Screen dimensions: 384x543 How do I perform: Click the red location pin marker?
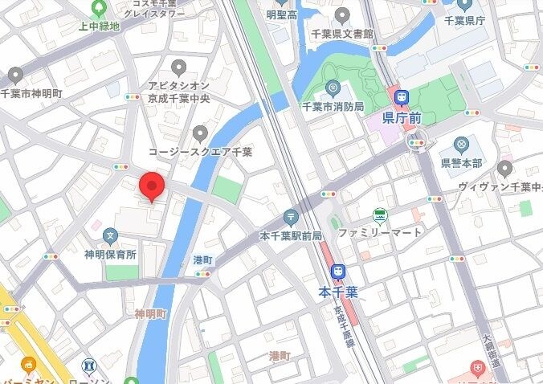[x=152, y=186]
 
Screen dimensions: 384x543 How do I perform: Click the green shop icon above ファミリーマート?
[x=378, y=215]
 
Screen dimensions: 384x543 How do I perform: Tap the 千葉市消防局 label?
[x=332, y=106]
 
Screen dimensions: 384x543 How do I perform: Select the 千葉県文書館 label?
[x=343, y=34]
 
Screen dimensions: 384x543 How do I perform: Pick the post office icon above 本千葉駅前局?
[x=290, y=218]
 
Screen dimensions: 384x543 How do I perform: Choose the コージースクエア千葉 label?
[x=200, y=151]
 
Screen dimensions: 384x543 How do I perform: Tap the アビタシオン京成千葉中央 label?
[x=178, y=92]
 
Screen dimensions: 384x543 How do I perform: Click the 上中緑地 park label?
[x=99, y=26]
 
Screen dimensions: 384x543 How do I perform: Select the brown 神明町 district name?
[x=150, y=313]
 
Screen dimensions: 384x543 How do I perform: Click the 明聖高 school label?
[x=281, y=14]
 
